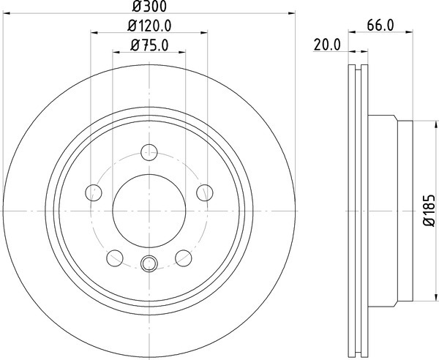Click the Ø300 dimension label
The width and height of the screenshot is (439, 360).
149,7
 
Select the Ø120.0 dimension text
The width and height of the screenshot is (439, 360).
149,26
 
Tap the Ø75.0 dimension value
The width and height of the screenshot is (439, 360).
149,45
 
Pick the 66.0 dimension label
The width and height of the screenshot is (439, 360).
379,26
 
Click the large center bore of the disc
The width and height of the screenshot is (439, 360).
149,211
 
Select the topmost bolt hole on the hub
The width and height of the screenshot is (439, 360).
149,149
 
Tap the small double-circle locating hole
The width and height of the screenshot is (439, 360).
149,264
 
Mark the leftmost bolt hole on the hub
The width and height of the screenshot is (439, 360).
94,193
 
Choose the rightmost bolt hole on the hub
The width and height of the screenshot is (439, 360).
205,193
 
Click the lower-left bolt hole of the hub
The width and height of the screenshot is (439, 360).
115,258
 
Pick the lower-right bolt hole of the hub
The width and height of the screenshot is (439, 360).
184,258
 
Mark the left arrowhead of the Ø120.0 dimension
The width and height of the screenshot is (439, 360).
94,33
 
